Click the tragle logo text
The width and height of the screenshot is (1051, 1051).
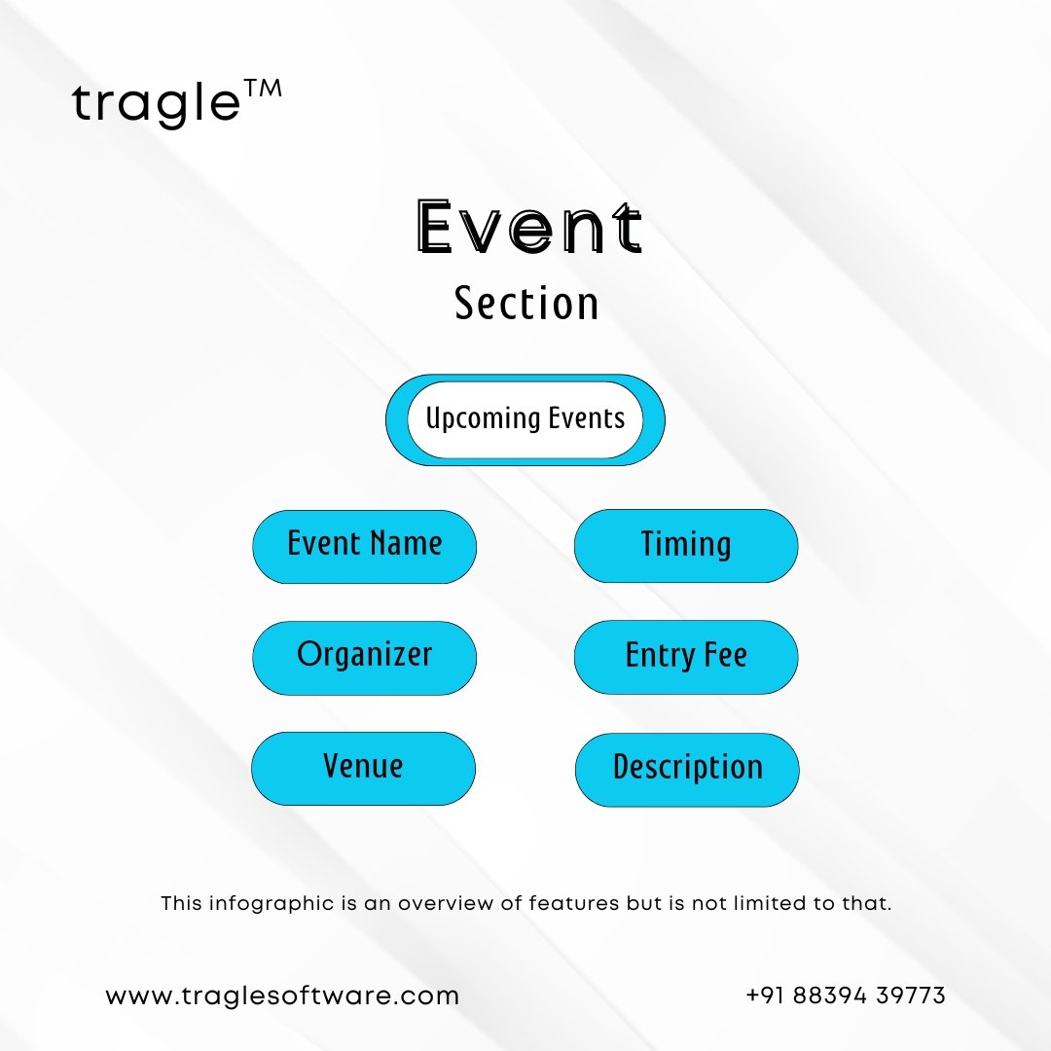156,105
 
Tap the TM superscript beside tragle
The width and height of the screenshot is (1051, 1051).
263,90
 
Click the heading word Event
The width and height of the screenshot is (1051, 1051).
528,227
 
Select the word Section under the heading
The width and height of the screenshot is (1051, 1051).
526,303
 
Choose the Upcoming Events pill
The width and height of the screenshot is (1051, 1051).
525,419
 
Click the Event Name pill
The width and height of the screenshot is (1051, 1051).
365,546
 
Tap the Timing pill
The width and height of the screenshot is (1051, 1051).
686,546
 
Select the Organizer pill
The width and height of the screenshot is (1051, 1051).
365,658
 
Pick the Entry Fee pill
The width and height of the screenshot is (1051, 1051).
686,657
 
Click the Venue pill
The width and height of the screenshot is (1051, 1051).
363,768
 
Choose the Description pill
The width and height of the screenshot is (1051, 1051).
687,770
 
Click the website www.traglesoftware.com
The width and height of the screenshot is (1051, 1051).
282,997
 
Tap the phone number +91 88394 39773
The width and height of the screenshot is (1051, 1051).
846,996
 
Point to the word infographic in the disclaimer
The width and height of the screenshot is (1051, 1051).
272,903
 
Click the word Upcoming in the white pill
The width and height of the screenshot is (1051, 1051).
483,418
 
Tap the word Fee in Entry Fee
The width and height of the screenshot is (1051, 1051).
725,655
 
